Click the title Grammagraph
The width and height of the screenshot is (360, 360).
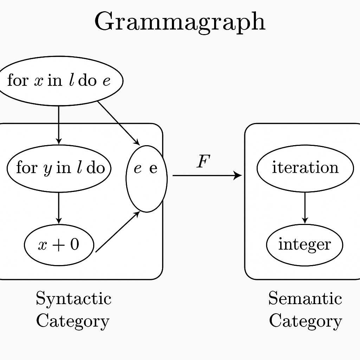tap(180, 22)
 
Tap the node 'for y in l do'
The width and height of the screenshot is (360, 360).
tap(59, 168)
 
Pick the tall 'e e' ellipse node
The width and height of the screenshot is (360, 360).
tap(147, 179)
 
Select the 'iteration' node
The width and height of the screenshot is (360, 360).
tap(305, 168)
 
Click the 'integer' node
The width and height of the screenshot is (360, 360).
tap(304, 245)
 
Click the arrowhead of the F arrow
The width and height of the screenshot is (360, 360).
tap(239, 175)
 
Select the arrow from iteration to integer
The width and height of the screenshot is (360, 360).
tap(305, 207)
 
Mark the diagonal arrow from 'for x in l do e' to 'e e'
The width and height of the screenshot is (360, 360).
tap(119, 123)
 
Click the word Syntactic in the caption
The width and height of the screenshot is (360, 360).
tap(73, 299)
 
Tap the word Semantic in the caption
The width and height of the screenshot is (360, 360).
tap(305, 299)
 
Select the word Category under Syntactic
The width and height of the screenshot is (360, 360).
tap(73, 321)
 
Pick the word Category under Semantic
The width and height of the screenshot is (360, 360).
tap(305, 321)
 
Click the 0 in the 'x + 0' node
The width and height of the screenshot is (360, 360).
tap(74, 244)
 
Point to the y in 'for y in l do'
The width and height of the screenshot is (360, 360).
tap(47, 169)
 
